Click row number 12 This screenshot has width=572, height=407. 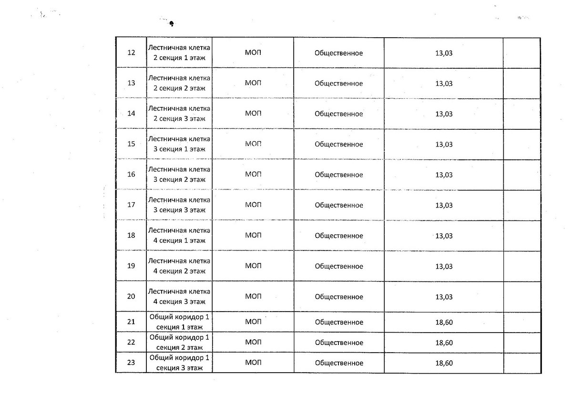pyautogui.click(x=132, y=53)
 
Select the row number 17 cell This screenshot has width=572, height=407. pyautogui.click(x=132, y=205)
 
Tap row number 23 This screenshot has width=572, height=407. pyautogui.click(x=132, y=363)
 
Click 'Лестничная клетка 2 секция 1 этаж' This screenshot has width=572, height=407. pyautogui.click(x=179, y=53)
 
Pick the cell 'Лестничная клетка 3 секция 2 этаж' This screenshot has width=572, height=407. pyautogui.click(x=179, y=175)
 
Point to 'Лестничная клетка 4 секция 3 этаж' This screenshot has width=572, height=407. pyautogui.click(x=179, y=296)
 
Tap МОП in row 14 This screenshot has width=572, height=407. pyautogui.click(x=253, y=114)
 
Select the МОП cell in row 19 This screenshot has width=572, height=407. pyautogui.click(x=253, y=266)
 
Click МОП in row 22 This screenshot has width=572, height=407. pyautogui.click(x=253, y=343)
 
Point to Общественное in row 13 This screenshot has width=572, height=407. pyautogui.click(x=339, y=83)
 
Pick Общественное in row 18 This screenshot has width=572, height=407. pyautogui.click(x=339, y=236)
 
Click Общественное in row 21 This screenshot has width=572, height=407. pyautogui.click(x=339, y=322)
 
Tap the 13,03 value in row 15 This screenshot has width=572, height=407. pyautogui.click(x=444, y=144)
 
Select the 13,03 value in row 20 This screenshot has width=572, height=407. pyautogui.click(x=444, y=297)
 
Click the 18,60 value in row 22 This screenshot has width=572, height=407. pyautogui.click(x=444, y=343)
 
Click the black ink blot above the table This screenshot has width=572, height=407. pyautogui.click(x=171, y=23)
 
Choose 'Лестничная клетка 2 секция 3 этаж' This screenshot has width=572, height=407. pyautogui.click(x=179, y=114)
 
